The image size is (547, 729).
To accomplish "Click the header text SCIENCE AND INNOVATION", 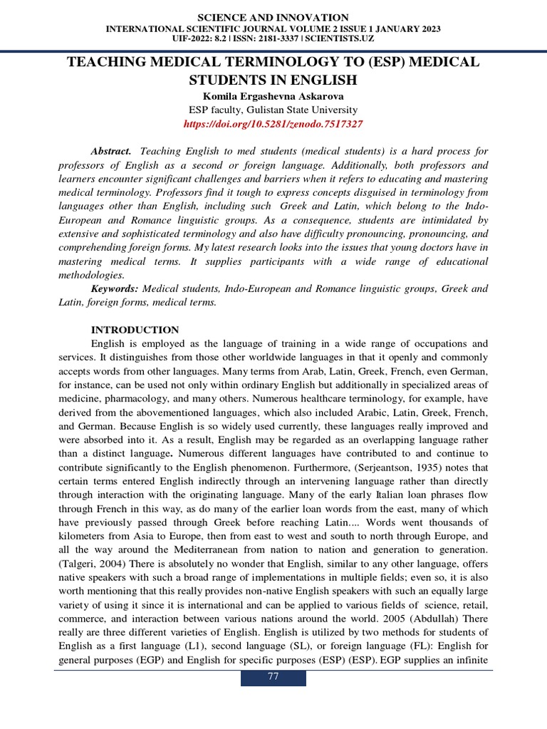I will [x=273, y=17].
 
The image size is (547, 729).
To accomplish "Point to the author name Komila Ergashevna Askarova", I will [x=273, y=96].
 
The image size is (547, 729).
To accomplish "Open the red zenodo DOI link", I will [x=273, y=124].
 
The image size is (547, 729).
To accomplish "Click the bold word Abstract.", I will [x=111, y=152].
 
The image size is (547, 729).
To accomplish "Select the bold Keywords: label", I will [x=115, y=289].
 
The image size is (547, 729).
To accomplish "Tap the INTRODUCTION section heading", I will [x=135, y=330].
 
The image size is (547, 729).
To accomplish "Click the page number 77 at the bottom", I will [x=273, y=676].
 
